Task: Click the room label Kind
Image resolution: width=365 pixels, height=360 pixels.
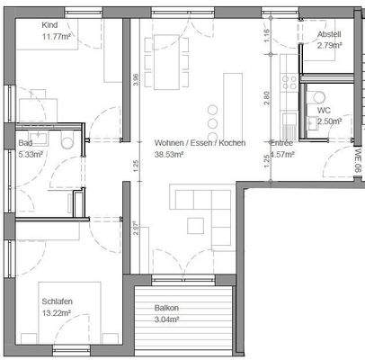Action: pyautogui.click(x=49, y=25)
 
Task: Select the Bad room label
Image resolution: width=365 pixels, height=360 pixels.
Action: pyautogui.click(x=25, y=143)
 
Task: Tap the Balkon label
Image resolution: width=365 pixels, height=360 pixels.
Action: pyautogui.click(x=166, y=308)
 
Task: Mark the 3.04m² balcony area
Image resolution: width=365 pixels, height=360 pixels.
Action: pyautogui.click(x=166, y=319)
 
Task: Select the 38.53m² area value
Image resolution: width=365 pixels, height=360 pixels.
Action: pyautogui.click(x=169, y=155)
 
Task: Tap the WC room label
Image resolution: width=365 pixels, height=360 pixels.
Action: pyautogui.click(x=324, y=135)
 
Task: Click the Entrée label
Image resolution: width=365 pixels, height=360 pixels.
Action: pyautogui.click(x=281, y=144)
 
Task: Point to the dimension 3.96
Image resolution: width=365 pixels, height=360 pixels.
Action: pyautogui.click(x=135, y=79)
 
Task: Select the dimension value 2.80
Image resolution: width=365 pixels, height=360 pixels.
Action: pyautogui.click(x=266, y=95)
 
